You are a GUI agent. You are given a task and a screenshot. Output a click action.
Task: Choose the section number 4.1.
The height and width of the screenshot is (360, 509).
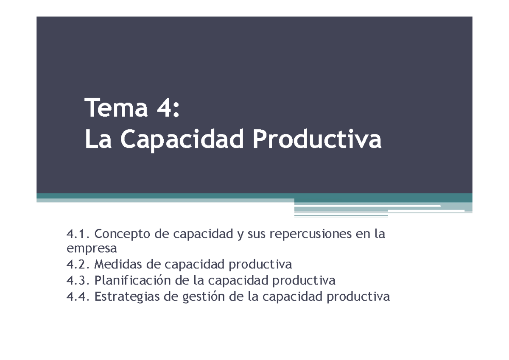point(79,234)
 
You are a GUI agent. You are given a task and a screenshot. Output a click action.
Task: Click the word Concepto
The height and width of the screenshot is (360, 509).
point(123,234)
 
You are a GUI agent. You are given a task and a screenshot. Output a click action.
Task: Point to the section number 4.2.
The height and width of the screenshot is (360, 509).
point(79,265)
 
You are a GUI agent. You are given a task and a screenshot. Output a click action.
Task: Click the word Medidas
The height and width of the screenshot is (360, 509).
point(117,265)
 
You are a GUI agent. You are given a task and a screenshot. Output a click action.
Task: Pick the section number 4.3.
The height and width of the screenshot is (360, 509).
point(79,280)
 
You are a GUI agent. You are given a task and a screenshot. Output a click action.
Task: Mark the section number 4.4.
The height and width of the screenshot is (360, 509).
point(79,296)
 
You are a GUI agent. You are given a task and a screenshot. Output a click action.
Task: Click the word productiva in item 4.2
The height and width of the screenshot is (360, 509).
point(260,265)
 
